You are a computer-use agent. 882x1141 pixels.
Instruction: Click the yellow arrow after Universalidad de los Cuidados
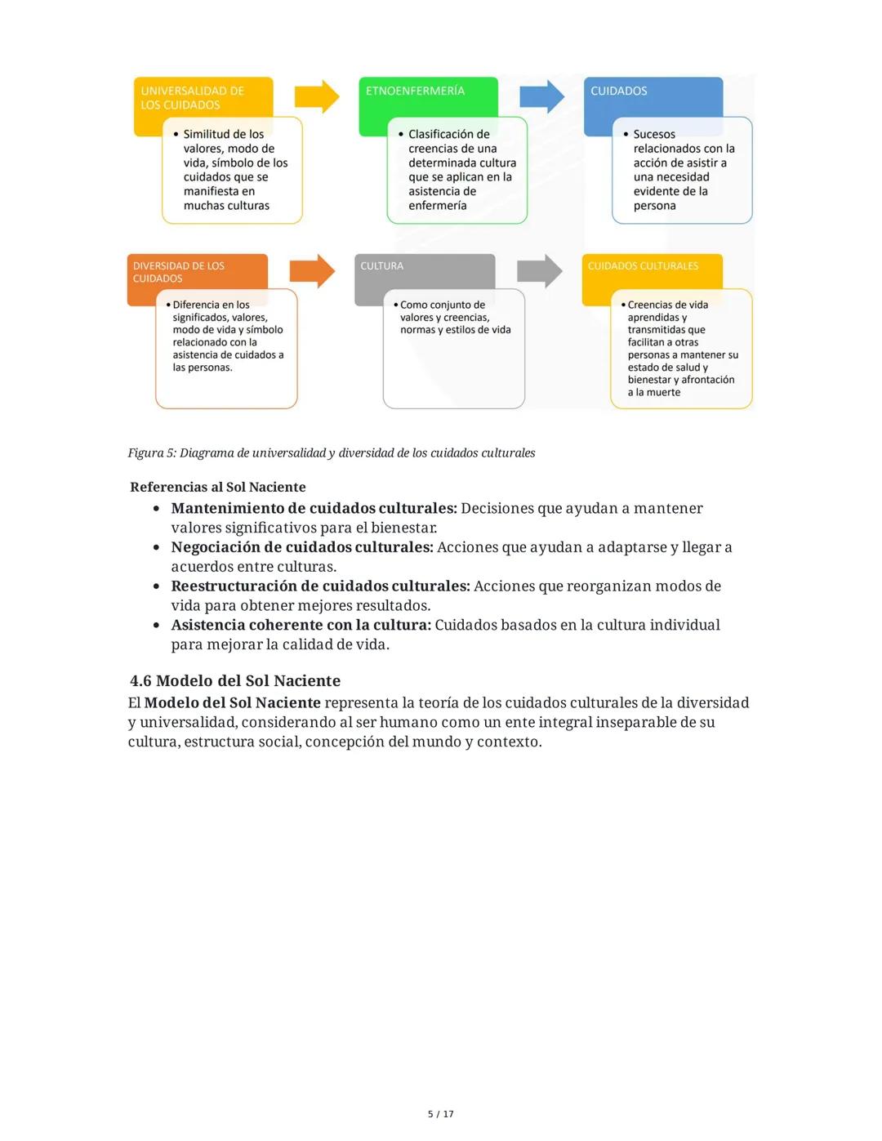point(316,96)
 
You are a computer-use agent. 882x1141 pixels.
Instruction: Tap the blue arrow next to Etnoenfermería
point(541,96)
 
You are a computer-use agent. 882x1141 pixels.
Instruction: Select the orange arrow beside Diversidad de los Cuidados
point(312,271)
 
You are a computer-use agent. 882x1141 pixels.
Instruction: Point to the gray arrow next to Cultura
point(540,271)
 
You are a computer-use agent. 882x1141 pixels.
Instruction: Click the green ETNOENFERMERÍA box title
point(415,91)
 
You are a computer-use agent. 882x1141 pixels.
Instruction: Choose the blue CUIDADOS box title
point(618,91)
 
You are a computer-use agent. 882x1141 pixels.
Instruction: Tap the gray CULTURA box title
point(381,266)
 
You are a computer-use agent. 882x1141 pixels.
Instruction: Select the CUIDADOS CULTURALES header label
point(643,266)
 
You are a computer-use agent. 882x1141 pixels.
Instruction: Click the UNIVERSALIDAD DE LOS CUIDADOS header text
point(192,98)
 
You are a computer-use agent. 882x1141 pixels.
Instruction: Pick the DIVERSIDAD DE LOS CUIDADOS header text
point(178,272)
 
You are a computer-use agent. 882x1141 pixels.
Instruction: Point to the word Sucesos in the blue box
point(654,134)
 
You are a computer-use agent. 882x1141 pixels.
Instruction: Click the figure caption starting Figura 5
point(331,452)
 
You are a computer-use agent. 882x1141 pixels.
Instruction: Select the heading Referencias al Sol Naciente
point(217,487)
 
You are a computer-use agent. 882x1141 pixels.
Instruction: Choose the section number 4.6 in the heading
point(140,681)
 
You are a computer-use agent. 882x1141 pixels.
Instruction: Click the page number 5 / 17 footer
point(441,1114)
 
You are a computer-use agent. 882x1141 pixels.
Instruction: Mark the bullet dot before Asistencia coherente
point(156,626)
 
